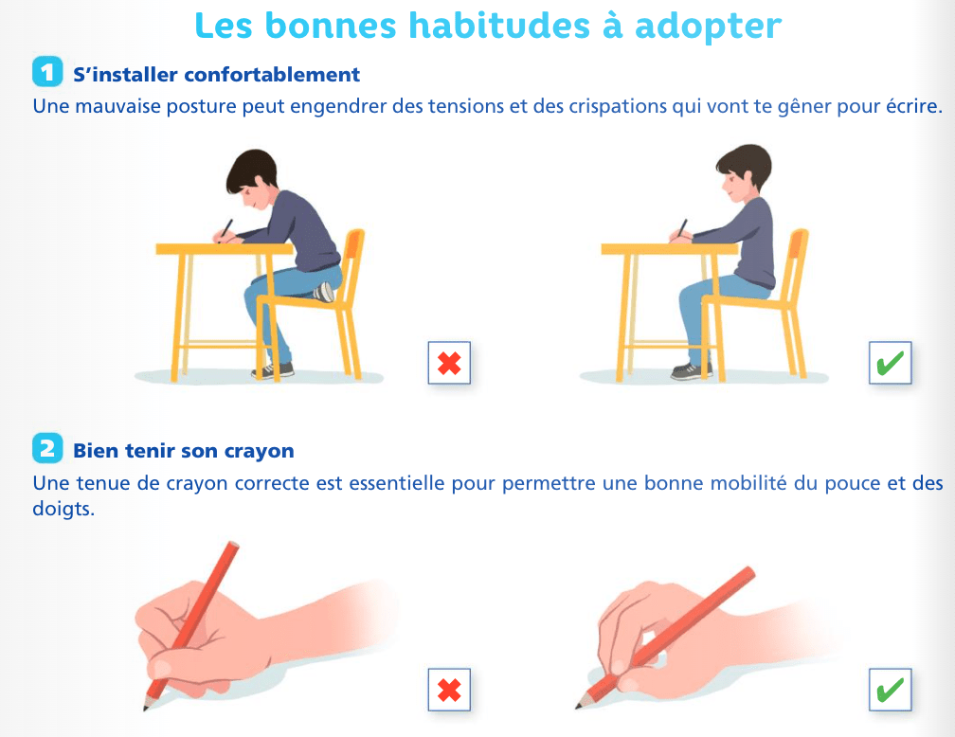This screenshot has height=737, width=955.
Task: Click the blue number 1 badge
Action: pyautogui.click(x=47, y=73)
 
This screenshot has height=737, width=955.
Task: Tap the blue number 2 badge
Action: pyautogui.click(x=47, y=449)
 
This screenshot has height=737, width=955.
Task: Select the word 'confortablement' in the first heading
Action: pyautogui.click(x=272, y=75)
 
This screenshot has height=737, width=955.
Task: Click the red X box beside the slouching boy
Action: pyautogui.click(x=449, y=363)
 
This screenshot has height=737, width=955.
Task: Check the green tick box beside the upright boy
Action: pyautogui.click(x=890, y=363)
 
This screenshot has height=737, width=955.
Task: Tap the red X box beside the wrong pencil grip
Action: pyautogui.click(x=449, y=690)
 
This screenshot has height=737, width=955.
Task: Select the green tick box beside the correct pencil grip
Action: pyautogui.click(x=890, y=690)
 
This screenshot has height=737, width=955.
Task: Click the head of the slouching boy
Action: pyautogui.click(x=252, y=177)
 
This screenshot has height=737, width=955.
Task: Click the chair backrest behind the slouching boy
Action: pyautogui.click(x=353, y=261)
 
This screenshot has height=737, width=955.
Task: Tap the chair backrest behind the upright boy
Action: pyautogui.click(x=798, y=261)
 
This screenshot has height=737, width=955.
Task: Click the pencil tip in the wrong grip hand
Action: pyautogui.click(x=146, y=707)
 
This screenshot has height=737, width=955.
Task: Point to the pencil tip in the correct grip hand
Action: pyautogui.click(x=579, y=706)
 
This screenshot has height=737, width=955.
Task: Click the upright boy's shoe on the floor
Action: pyautogui.click(x=691, y=370)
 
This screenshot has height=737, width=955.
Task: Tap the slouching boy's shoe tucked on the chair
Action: pyautogui.click(x=325, y=292)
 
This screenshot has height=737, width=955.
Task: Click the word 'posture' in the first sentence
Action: pyautogui.click(x=202, y=107)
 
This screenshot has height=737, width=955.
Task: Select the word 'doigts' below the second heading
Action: pyautogui.click(x=63, y=509)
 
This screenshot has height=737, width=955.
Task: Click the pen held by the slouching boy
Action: pyautogui.click(x=225, y=229)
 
